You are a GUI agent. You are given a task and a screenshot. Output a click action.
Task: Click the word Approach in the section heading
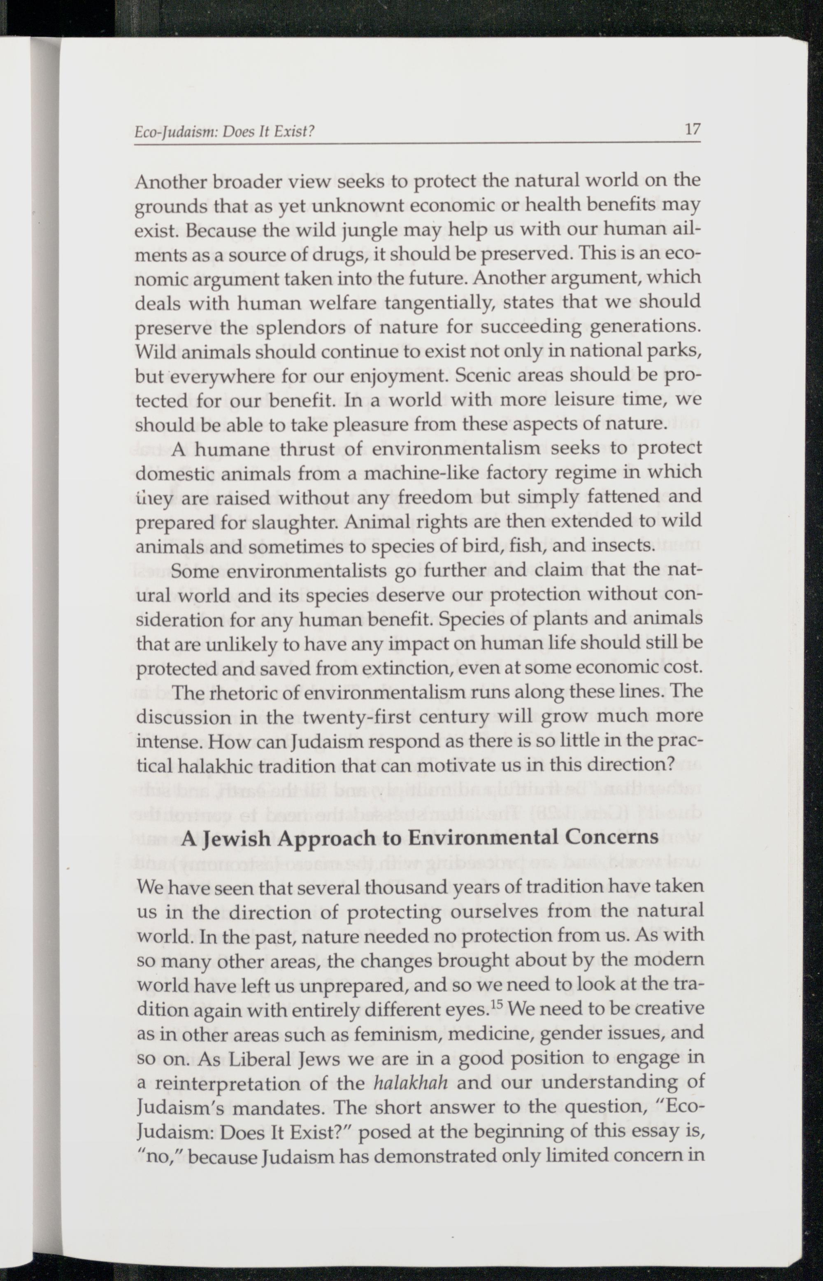(325, 837)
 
